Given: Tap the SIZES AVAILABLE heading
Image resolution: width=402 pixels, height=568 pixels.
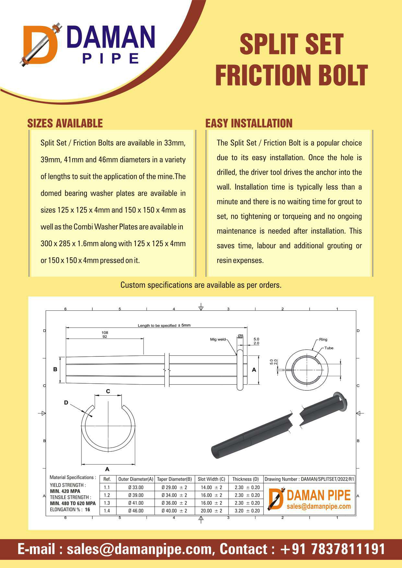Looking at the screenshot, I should tap(65, 123).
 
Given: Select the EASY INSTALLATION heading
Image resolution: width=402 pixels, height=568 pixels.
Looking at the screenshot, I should tap(249, 123).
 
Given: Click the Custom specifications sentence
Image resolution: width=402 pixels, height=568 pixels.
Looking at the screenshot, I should tap(201, 285).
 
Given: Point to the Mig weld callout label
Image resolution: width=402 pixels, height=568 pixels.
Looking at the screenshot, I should tap(218, 339).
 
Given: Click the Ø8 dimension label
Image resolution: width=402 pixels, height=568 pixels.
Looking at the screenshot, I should tap(240, 335).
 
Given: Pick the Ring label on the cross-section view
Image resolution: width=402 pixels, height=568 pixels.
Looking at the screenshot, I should tap(323, 339).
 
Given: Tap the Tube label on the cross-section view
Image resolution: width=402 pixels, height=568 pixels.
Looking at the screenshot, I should tap(329, 348).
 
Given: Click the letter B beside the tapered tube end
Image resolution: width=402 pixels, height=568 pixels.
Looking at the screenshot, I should tap(55, 369).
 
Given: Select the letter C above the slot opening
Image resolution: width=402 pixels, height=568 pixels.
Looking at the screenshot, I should tap(108, 391).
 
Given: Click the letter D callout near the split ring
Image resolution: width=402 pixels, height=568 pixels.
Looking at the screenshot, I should tap(66, 402).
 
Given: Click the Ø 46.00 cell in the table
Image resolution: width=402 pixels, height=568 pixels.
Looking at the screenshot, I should tap(136, 511).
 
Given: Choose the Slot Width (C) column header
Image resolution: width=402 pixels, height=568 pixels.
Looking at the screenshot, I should tap(211, 479).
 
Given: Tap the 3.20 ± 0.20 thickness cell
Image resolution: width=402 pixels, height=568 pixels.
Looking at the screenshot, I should tap(247, 511).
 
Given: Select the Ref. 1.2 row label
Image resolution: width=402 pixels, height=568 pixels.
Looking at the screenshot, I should tap(107, 495).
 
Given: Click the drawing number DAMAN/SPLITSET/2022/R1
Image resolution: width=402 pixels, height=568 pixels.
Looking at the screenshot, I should tap(327, 479).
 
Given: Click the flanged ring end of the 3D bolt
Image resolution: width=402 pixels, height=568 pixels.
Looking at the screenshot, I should tap(340, 402).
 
